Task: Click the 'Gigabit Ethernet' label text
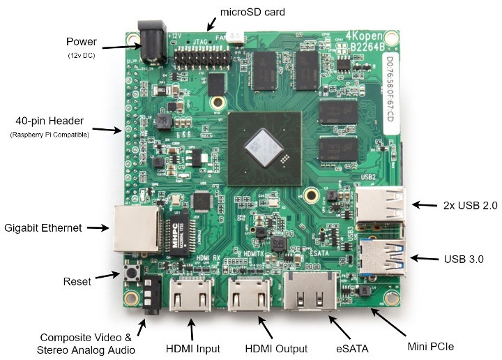click(43, 227)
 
